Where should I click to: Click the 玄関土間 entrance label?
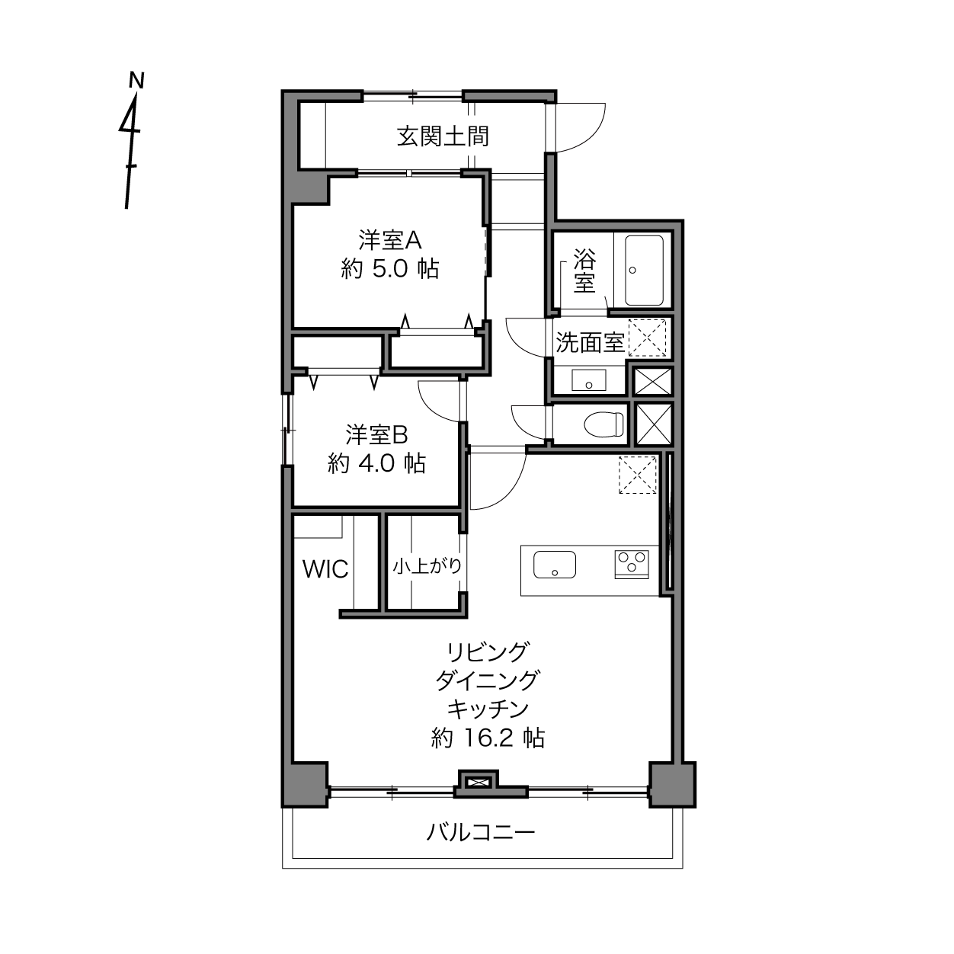tap(443, 136)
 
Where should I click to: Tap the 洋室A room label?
tap(390, 240)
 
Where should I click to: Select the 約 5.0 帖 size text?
tap(390, 269)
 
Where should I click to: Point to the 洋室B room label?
tap(376, 434)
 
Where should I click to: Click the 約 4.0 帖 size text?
tap(376, 463)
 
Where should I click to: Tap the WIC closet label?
tap(325, 569)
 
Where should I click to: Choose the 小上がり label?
tap(427, 565)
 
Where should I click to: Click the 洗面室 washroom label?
tap(589, 342)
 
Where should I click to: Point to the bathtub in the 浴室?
tap(644, 271)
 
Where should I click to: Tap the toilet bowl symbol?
tap(603, 424)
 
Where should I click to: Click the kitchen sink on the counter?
tap(555, 565)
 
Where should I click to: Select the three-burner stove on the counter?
tap(632, 565)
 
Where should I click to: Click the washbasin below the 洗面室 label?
tap(589, 379)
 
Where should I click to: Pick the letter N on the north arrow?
tap(136, 80)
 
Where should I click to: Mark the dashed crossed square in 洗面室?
tap(648, 338)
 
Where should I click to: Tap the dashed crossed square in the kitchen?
tap(638, 475)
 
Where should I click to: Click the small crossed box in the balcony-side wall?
tap(478, 783)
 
